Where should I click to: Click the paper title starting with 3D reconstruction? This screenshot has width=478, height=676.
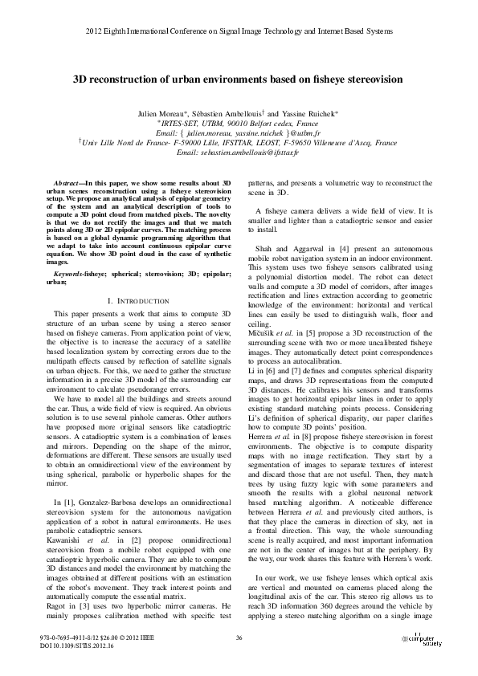[x=239, y=80]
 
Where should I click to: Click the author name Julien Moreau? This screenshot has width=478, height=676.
[x=180, y=116]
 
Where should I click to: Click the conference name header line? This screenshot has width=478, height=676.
[x=239, y=35]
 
